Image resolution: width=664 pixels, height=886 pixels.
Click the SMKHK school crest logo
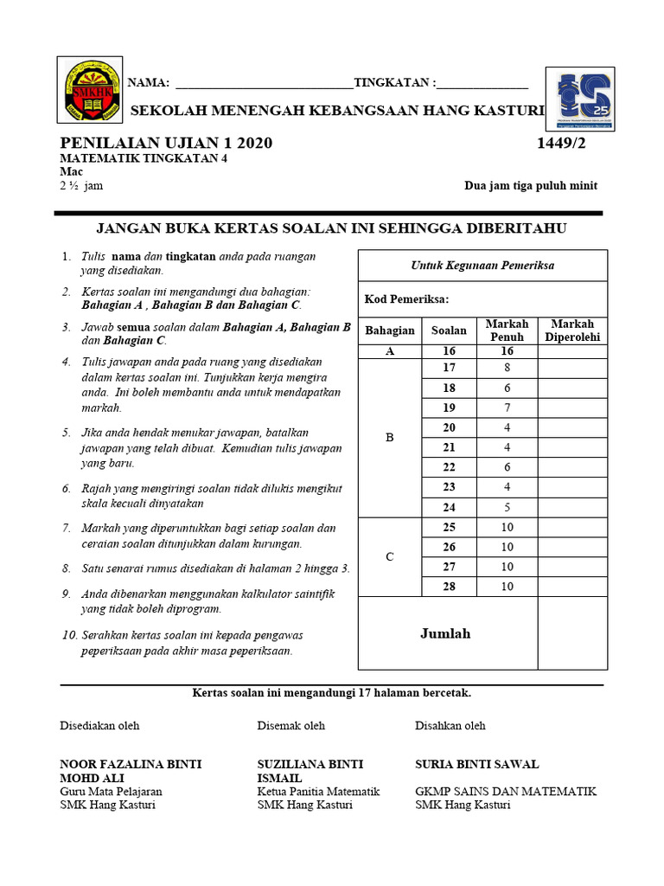[90, 90]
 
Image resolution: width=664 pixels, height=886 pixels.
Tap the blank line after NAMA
[264, 84]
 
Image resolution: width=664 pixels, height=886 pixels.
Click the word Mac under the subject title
[71, 171]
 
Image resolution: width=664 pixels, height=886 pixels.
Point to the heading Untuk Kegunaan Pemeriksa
[482, 266]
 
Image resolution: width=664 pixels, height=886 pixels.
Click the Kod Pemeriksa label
[407, 299]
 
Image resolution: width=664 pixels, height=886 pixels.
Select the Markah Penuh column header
[507, 331]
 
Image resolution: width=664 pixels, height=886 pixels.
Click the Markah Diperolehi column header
[572, 331]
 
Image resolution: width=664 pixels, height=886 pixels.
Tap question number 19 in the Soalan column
[449, 408]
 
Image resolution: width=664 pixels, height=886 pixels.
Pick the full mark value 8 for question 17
[507, 368]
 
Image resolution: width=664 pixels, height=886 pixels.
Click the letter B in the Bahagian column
[389, 438]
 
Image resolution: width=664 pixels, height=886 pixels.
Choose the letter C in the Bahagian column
[389, 557]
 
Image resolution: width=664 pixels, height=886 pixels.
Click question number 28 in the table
[449, 587]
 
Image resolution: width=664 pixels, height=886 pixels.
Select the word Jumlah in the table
[445, 634]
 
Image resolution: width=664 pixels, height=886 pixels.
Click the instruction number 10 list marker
[69, 635]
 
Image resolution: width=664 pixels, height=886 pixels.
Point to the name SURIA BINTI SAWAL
[477, 764]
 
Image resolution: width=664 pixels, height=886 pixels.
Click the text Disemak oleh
[291, 726]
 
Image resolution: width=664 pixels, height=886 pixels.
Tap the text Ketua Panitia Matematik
[318, 791]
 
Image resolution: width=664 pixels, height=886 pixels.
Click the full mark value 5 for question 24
[507, 507]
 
